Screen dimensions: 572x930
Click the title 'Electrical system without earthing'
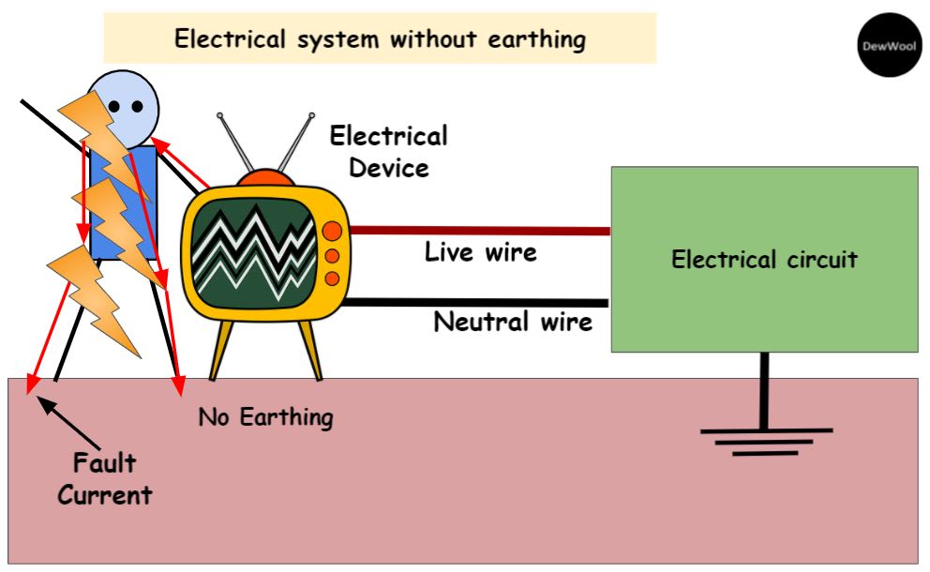coord(380,39)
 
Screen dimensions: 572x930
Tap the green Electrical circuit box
coord(764,259)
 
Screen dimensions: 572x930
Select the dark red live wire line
coord(478,230)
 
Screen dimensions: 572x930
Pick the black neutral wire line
coord(478,302)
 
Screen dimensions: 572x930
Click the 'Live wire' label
coord(480,252)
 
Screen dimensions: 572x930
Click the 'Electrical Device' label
coord(388,152)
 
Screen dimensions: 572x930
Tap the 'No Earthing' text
coord(265,416)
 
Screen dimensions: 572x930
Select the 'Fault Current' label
coord(104,479)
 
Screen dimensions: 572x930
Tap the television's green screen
coord(253,247)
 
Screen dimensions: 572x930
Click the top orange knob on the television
coord(332,232)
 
